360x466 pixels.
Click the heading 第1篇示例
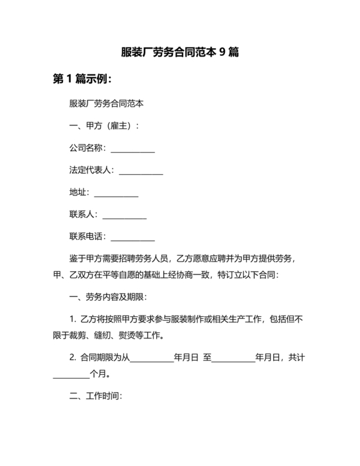tap(82, 80)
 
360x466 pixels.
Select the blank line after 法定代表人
tap(141, 171)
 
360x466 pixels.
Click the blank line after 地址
tap(116, 193)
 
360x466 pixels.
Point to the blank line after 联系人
tap(125, 215)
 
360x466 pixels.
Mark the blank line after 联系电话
tap(133, 237)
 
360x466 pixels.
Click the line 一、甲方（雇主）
tap(103, 127)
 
